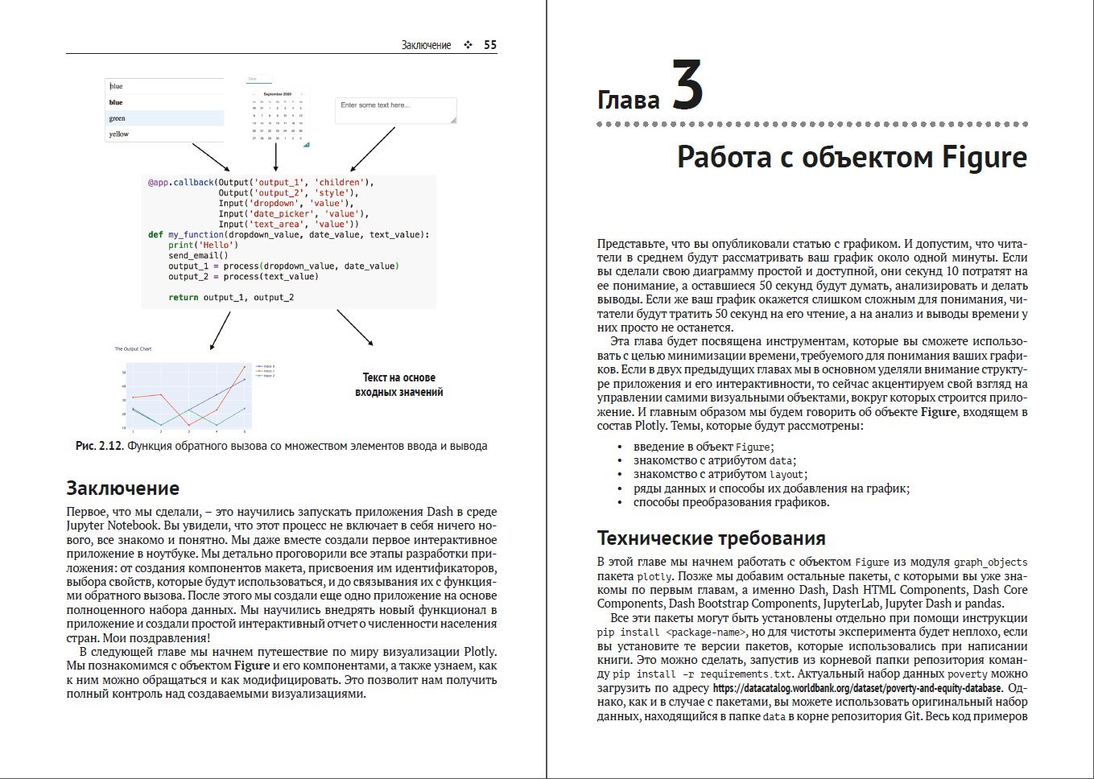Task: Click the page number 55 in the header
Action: click(x=490, y=45)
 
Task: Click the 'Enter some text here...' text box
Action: click(x=395, y=110)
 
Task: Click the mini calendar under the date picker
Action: click(x=277, y=117)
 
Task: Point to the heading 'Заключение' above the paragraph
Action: click(x=122, y=488)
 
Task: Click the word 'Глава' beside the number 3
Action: click(x=628, y=101)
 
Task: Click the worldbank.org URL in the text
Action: click(x=857, y=688)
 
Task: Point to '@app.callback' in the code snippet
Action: click(x=180, y=183)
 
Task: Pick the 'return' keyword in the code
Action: click(x=183, y=298)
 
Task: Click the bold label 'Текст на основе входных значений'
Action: click(x=398, y=385)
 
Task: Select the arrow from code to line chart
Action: click(x=220, y=331)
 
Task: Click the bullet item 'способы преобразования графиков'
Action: click(x=731, y=502)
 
